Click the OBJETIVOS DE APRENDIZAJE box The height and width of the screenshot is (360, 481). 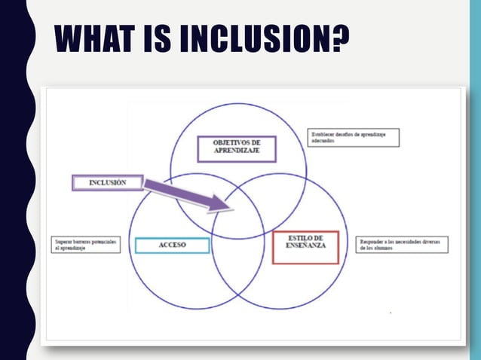(x=237, y=148)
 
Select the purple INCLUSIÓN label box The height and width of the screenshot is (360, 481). (x=107, y=182)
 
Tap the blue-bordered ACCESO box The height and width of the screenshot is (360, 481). (x=172, y=245)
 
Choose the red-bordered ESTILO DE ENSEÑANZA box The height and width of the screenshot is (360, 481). (x=305, y=247)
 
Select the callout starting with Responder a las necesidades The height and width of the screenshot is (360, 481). (x=403, y=245)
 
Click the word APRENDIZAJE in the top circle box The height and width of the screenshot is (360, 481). (x=237, y=153)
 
